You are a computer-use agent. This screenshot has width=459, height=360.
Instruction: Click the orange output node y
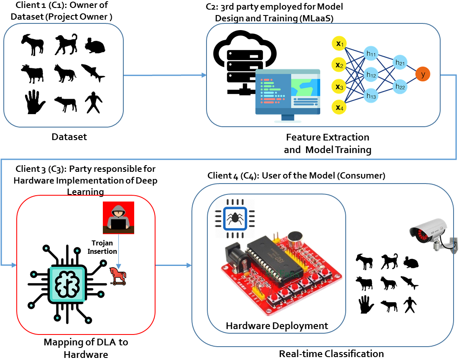[422, 74]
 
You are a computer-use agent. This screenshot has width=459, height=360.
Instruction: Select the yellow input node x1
[339, 43]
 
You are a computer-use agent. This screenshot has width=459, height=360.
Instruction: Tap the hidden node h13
[371, 95]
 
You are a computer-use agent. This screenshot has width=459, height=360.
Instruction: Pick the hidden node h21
[400, 62]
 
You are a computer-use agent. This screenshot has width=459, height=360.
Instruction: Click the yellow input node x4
[339, 107]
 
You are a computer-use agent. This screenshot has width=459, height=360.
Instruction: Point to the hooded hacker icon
[119, 217]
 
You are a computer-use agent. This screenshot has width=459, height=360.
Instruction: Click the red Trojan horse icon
[118, 276]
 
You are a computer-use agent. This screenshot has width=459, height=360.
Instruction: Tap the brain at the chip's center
[67, 284]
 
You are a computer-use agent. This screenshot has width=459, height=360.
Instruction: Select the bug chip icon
[235, 218]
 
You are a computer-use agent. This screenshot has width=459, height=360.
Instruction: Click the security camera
[433, 235]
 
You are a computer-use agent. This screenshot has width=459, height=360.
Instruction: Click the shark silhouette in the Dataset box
[93, 72]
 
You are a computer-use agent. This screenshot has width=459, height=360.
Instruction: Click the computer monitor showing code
[288, 95]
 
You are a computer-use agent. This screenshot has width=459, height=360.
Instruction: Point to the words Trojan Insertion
[102, 247]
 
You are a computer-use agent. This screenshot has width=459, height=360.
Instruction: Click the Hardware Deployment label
[277, 326]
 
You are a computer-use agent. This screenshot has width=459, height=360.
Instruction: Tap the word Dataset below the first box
[69, 137]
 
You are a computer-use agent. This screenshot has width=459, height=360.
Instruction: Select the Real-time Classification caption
[331, 354]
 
